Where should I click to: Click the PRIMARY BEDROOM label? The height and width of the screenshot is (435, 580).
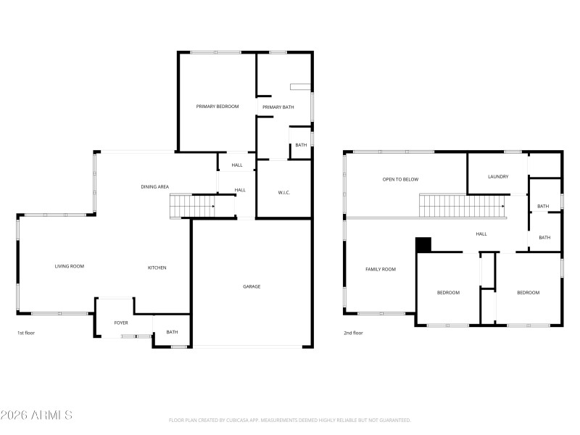pyautogui.click(x=217, y=107)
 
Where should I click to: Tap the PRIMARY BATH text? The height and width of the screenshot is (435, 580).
pyautogui.click(x=278, y=107)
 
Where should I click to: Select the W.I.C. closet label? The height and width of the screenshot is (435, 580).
pyautogui.click(x=284, y=192)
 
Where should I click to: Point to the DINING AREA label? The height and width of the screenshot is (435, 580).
pyautogui.click(x=154, y=187)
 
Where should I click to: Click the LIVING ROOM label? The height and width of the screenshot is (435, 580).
pyautogui.click(x=70, y=266)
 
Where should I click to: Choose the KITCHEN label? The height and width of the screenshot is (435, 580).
pyautogui.click(x=157, y=268)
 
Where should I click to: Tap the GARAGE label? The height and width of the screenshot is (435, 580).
pyautogui.click(x=252, y=286)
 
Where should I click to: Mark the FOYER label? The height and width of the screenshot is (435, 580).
pyautogui.click(x=121, y=323)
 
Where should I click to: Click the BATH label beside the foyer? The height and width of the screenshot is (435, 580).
pyautogui.click(x=172, y=332)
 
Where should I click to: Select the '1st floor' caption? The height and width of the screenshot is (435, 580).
pyautogui.click(x=27, y=333)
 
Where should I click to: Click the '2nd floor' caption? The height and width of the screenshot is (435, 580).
pyautogui.click(x=353, y=333)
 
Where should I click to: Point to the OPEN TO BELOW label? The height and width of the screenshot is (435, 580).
pyautogui.click(x=401, y=179)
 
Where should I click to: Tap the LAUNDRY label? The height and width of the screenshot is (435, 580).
pyautogui.click(x=498, y=176)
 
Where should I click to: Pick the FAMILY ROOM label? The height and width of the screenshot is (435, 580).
pyautogui.click(x=381, y=269)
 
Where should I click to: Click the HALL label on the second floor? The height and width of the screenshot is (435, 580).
pyautogui.click(x=481, y=234)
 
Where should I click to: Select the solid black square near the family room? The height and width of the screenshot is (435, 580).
pyautogui.click(x=423, y=244)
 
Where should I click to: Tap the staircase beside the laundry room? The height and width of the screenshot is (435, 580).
pyautogui.click(x=464, y=206)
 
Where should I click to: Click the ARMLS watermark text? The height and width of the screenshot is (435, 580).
pyautogui.click(x=36, y=415)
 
